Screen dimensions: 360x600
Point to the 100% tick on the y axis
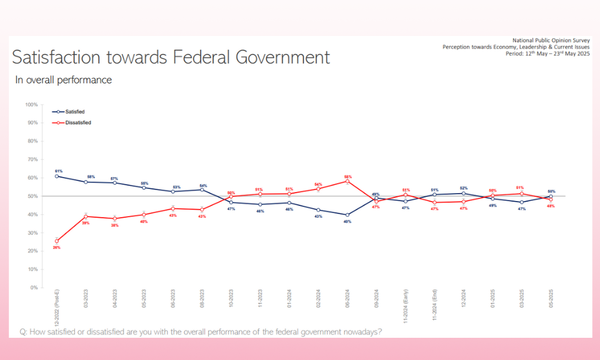(x=31, y=104)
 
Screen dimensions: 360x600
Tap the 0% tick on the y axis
(x=33, y=287)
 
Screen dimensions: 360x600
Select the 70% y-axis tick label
(x=32, y=160)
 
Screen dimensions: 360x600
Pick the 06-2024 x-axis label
(x=347, y=300)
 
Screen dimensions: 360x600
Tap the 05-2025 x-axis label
(x=551, y=300)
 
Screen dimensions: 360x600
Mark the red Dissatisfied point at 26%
(x=56, y=241)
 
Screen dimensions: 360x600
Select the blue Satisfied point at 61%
(x=56, y=176)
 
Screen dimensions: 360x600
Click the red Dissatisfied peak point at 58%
(x=347, y=181)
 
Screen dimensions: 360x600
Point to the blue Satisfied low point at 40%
(x=347, y=215)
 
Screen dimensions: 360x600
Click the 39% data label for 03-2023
(x=86, y=223)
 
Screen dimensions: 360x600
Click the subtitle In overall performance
(x=64, y=80)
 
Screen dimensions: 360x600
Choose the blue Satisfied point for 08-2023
(x=202, y=190)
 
